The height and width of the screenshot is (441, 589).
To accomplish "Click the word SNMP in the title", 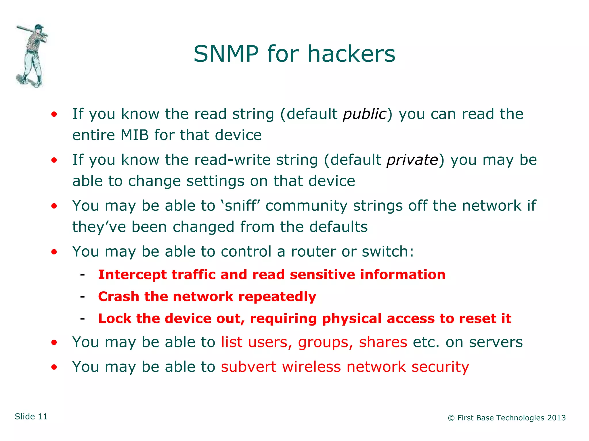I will pyautogui.click(x=226, y=54).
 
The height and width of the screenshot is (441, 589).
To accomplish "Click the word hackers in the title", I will pyautogui.click(x=351, y=54).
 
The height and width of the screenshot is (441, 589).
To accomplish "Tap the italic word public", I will pyautogui.click(x=364, y=114).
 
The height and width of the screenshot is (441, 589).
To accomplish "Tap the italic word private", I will pyautogui.click(x=412, y=160).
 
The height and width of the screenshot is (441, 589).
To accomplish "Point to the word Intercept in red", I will pyautogui.click(x=132, y=275).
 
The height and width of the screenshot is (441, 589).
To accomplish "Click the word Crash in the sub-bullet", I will pyautogui.click(x=118, y=297).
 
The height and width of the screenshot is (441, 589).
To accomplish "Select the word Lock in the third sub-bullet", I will pyautogui.click(x=114, y=319).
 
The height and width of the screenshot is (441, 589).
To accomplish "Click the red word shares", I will pyautogui.click(x=383, y=342).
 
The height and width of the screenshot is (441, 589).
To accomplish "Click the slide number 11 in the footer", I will pyautogui.click(x=43, y=417).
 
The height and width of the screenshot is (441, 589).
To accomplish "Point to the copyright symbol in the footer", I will pyautogui.click(x=451, y=418).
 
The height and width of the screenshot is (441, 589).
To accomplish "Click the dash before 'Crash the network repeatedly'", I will pyautogui.click(x=83, y=296).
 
